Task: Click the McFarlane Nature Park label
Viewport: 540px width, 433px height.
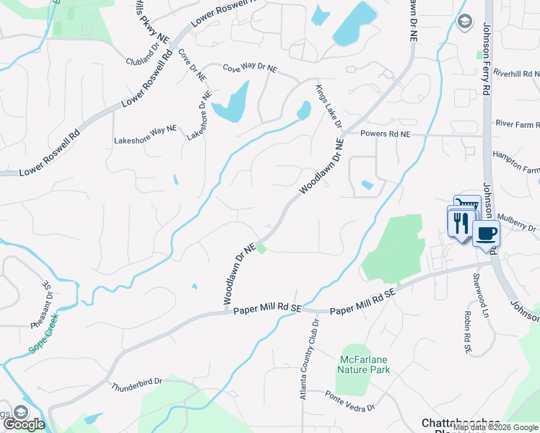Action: click(363, 364)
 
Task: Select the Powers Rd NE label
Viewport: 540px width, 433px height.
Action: click(385, 134)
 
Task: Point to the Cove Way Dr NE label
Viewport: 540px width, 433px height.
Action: click(250, 68)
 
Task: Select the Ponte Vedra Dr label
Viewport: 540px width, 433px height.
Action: click(350, 402)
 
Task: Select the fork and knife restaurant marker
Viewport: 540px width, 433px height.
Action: click(461, 221)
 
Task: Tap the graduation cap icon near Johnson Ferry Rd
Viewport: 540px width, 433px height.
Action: click(464, 20)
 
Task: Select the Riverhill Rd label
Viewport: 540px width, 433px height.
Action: click(517, 74)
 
